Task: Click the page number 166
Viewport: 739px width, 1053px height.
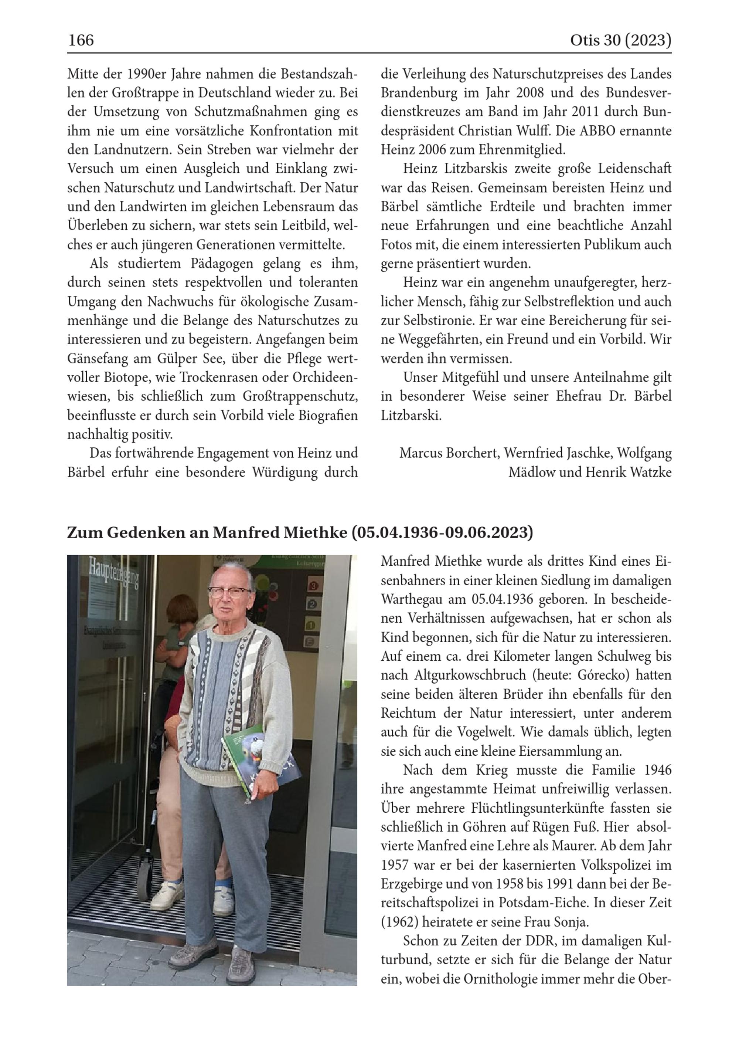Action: click(x=81, y=40)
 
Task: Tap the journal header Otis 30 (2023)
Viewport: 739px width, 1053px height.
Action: click(x=620, y=40)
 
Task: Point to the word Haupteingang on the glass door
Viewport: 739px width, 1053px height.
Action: click(x=115, y=575)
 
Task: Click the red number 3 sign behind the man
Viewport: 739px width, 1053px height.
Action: click(x=314, y=586)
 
